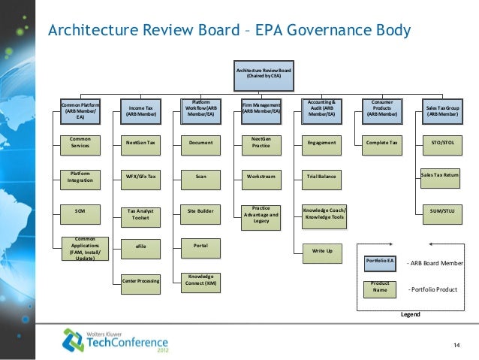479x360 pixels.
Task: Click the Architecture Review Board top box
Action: [x=264, y=74]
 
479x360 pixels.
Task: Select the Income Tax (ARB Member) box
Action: [x=141, y=111]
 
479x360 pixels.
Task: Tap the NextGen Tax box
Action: [x=141, y=142]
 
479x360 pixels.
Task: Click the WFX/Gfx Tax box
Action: [x=141, y=177]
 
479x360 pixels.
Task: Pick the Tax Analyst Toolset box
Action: [x=141, y=214]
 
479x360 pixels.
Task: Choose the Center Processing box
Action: [x=141, y=281]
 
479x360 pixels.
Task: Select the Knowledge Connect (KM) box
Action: [x=201, y=281]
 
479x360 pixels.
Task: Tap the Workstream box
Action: [x=261, y=177]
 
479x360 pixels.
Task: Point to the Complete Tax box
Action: [x=381, y=142]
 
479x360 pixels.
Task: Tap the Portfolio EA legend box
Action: [x=380, y=261]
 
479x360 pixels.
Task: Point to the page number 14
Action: [x=456, y=345]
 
